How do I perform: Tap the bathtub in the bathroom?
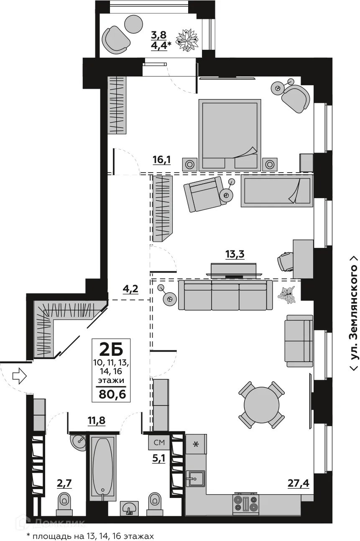click(x=103, y=466)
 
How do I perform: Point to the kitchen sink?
click(x=195, y=478)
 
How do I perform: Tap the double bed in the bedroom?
click(x=230, y=134)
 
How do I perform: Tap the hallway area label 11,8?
click(x=96, y=420)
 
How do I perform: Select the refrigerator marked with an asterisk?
click(x=195, y=444)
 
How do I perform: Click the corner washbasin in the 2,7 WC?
click(x=78, y=441)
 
